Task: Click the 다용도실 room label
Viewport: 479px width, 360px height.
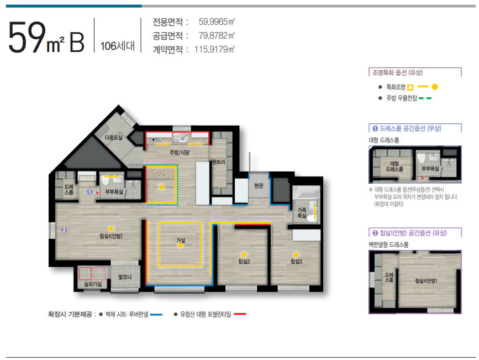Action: tap(113, 138)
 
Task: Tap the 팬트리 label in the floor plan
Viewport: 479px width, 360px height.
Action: tap(219, 162)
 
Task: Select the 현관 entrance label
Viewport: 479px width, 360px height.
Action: tap(259, 185)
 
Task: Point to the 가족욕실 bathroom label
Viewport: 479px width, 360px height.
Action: tap(302, 212)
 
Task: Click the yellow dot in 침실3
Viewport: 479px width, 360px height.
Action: tap(296, 255)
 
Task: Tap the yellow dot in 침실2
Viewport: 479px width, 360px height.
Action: tap(244, 255)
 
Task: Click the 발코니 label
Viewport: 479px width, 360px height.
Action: tap(125, 277)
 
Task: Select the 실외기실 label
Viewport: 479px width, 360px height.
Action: tap(93, 284)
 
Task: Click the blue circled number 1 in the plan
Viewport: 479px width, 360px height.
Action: tap(90, 192)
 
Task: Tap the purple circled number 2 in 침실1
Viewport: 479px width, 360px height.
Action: tap(64, 229)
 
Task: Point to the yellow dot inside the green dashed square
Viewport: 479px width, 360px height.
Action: tap(161, 187)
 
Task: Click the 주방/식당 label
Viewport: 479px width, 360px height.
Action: tap(180, 152)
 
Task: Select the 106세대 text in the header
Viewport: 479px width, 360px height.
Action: tap(118, 46)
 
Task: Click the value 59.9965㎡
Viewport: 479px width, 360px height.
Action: tap(217, 22)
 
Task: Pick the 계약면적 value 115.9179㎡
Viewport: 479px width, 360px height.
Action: tap(214, 49)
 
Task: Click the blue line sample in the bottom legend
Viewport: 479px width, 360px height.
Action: tap(156, 315)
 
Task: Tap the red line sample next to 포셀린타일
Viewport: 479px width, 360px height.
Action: tap(240, 314)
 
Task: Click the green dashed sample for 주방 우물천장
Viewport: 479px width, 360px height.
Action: tap(425, 98)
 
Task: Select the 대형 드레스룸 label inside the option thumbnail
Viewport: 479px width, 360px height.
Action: tap(394, 166)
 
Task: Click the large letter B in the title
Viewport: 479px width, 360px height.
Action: tap(77, 43)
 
